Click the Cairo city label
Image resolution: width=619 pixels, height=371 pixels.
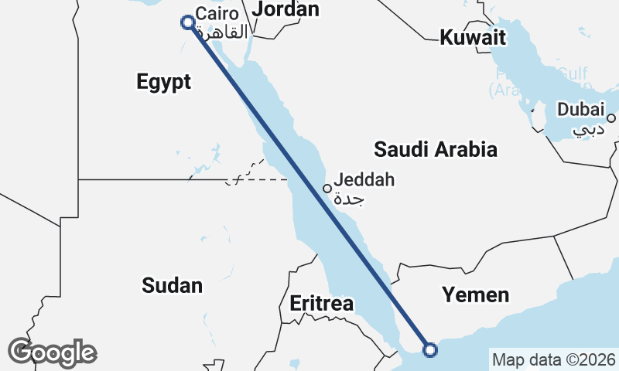[213, 14]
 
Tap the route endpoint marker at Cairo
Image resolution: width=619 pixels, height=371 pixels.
[187, 22]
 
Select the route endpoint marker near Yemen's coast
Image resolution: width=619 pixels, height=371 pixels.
[430, 350]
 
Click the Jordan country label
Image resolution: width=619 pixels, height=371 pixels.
[286, 9]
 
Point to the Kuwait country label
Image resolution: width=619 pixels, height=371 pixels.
[472, 37]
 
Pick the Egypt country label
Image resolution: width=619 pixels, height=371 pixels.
[163, 82]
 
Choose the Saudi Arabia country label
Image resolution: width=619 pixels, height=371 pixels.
[435, 149]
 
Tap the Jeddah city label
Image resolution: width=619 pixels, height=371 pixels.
[364, 179]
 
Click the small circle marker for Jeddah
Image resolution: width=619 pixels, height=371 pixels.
[327, 188]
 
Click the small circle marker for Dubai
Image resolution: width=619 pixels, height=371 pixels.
[611, 118]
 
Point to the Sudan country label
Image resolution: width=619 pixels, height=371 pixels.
[172, 285]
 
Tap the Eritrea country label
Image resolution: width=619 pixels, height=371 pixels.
[321, 303]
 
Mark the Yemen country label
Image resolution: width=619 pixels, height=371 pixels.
[476, 294]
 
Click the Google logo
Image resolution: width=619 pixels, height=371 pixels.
[52, 352]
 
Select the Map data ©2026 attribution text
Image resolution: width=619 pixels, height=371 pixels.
[554, 359]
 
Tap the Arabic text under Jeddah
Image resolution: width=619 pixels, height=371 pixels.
[350, 199]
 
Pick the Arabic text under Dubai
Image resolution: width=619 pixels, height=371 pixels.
[590, 128]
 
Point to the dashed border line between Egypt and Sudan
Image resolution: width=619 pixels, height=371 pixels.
[255, 179]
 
